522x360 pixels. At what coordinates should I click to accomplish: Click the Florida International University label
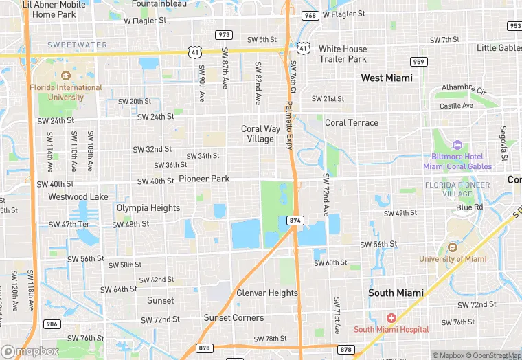coord(66,92)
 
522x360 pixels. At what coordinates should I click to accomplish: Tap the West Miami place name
coord(387,78)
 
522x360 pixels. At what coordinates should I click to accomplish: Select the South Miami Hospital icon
coord(391,318)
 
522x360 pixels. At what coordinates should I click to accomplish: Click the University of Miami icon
coord(452,247)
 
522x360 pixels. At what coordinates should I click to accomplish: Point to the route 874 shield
coord(295,220)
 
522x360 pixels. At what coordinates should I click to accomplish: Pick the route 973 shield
coord(223,35)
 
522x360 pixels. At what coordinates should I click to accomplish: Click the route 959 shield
coord(419,62)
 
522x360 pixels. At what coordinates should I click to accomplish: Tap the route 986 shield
coord(52,323)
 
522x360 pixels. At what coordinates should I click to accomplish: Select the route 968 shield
coord(310,15)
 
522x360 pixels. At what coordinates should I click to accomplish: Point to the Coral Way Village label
coord(258,133)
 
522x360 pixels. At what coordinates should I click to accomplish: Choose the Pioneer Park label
coord(204,179)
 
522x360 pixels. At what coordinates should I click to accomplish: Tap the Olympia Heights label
coord(148,208)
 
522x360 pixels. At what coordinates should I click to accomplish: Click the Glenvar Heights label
coord(267,293)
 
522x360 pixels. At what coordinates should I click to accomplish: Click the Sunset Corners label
coord(234,317)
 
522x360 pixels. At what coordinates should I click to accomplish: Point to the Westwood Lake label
coord(78,196)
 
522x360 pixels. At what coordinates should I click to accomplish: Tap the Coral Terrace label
coord(351,122)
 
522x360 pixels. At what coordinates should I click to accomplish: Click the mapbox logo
coord(31,351)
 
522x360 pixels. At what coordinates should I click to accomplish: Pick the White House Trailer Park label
coord(343,54)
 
